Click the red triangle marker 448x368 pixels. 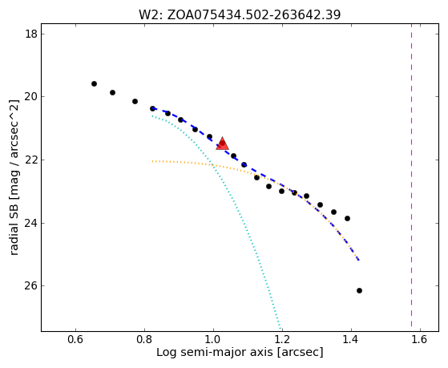point(222,144)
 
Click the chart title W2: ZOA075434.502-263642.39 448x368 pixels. point(240,15)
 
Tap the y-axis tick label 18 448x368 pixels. point(31,34)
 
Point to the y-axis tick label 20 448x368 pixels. point(31,97)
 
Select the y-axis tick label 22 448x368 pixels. point(31,160)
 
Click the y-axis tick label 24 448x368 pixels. point(31,223)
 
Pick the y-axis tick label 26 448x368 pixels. point(31,286)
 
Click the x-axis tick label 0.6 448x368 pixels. point(75,339)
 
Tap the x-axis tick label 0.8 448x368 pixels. point(144,339)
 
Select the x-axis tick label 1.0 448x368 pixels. point(213,339)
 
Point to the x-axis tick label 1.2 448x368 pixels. point(282,339)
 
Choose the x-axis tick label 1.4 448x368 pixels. point(351,339)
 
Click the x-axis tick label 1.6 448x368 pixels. point(420,339)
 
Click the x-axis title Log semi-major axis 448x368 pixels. point(214,353)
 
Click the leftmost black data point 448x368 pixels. point(94,83)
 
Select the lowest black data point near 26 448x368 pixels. point(359,290)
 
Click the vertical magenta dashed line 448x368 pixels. point(411,175)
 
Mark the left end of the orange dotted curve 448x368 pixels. point(152,161)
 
